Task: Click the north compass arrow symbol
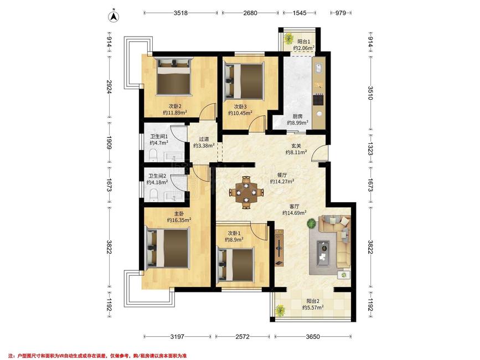pos(114,17)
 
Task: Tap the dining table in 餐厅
pos(246,193)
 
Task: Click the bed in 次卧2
pos(174,76)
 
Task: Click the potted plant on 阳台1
pos(287,38)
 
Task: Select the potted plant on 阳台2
pos(280,310)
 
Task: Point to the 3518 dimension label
pos(180,13)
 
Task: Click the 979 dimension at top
pos(340,13)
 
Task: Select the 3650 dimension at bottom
pos(313,337)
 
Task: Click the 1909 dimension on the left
pos(109,142)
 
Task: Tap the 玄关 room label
pos(296,146)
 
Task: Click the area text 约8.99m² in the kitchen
pos(297,123)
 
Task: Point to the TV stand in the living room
pos(279,248)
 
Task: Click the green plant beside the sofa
pos(312,223)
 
